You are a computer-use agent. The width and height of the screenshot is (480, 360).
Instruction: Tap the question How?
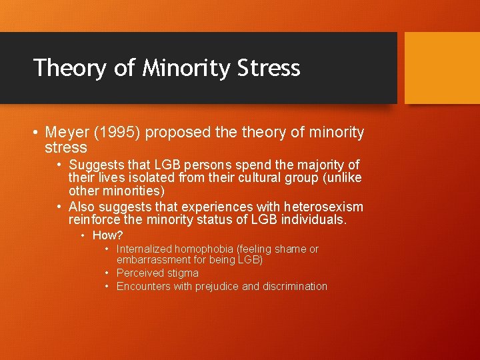pyautogui.click(x=108, y=235)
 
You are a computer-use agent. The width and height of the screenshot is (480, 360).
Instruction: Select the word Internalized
pyautogui.click(x=144, y=249)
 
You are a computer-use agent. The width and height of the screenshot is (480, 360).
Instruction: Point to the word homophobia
pyautogui.click(x=206, y=249)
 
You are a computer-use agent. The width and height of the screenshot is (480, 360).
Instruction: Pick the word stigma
pyautogui.click(x=183, y=273)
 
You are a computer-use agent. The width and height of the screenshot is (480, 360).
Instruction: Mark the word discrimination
pyautogui.click(x=295, y=287)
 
